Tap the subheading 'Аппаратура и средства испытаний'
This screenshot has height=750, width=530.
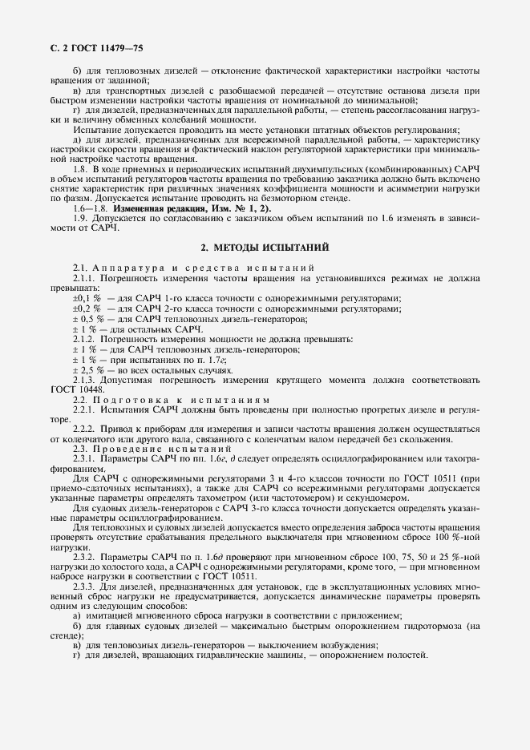pos(198,266)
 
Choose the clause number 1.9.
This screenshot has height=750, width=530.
pos(80,219)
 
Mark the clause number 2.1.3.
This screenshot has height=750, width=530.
pos(84,379)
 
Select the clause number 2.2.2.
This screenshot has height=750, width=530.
pos(84,429)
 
